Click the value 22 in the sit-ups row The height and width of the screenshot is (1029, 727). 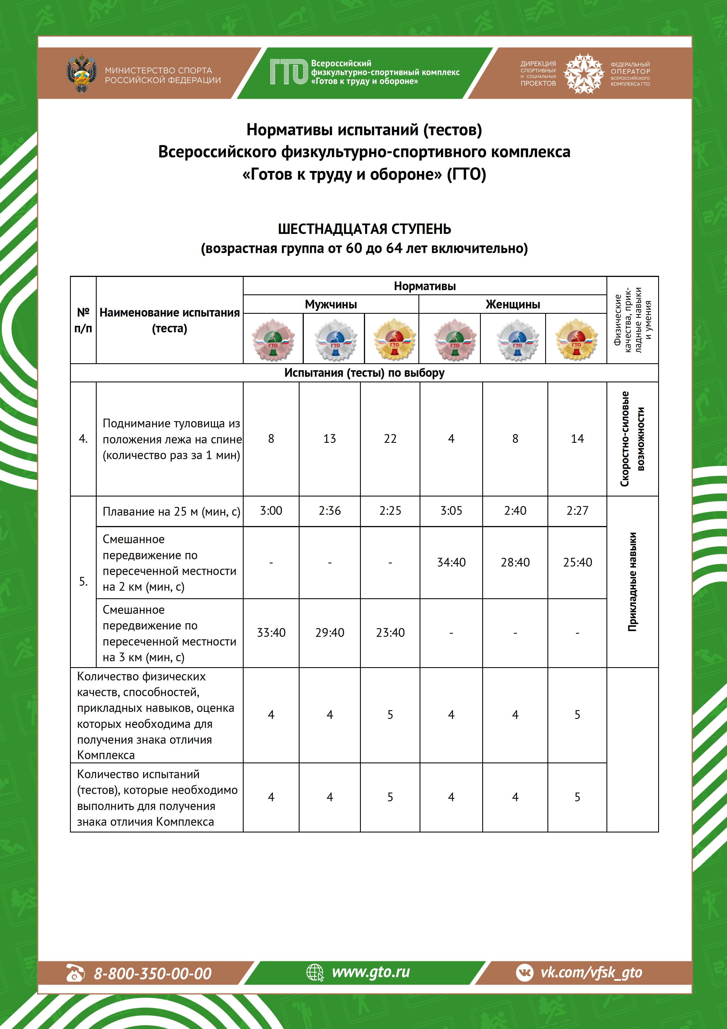390,439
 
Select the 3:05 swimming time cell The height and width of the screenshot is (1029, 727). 451,511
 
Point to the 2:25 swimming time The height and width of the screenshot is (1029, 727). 390,511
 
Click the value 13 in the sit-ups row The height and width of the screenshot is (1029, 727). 330,439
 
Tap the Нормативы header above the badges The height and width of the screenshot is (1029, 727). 425,286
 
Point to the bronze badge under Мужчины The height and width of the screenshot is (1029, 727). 273,339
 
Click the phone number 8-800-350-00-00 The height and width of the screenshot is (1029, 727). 152,973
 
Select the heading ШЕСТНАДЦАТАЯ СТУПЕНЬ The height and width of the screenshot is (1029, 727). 364,229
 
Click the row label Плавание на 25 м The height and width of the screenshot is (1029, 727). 171,511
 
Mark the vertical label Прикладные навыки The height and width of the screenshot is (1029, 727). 632,582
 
